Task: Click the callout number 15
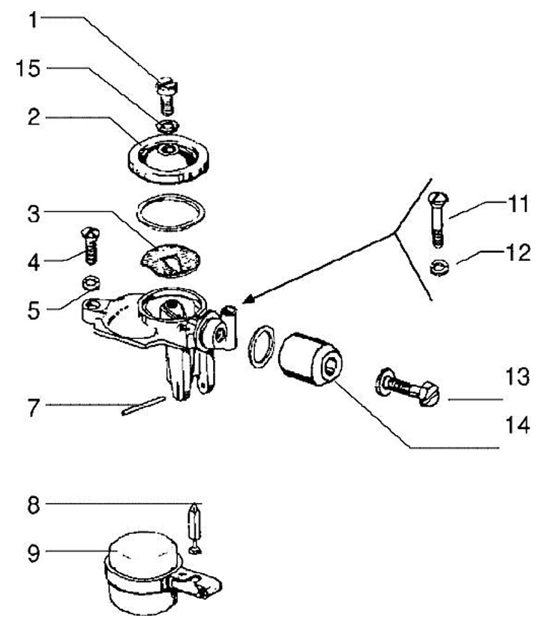[x=28, y=68]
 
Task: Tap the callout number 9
[x=34, y=553]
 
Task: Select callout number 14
[x=517, y=424]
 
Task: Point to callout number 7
[x=34, y=407]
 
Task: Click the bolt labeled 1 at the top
[x=166, y=95]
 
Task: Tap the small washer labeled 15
[x=167, y=126]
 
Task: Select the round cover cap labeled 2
[x=169, y=159]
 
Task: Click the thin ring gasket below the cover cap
[x=171, y=196]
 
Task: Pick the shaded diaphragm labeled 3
[x=169, y=260]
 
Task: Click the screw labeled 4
[x=91, y=245]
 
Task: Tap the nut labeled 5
[x=91, y=283]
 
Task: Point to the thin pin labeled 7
[x=143, y=406]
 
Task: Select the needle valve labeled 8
[x=195, y=529]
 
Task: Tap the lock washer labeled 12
[x=439, y=267]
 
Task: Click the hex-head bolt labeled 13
[x=407, y=387]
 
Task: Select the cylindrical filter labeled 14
[x=310, y=359]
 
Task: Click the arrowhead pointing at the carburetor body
[x=248, y=299]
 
